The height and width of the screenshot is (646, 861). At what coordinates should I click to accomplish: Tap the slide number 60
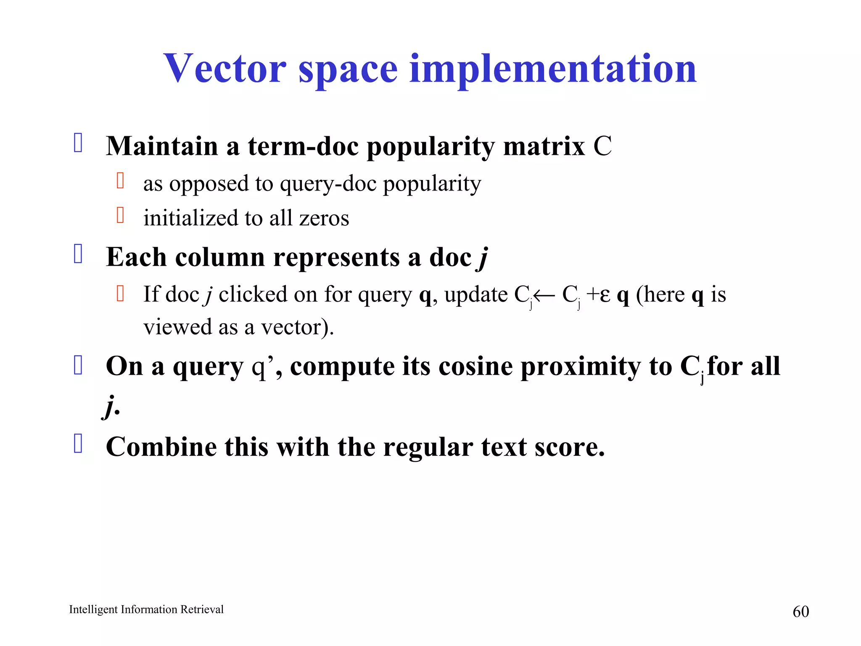tap(800, 612)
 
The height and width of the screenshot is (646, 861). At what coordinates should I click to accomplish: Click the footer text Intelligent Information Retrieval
tap(146, 609)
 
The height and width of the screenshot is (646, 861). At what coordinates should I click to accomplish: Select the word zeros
tap(324, 218)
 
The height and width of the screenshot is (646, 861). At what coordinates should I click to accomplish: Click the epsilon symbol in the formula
tap(605, 295)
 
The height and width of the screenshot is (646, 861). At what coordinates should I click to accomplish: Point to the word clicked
tap(252, 294)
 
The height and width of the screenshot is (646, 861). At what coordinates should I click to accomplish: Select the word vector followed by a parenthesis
tap(294, 327)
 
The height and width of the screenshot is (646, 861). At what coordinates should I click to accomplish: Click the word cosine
tap(475, 366)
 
